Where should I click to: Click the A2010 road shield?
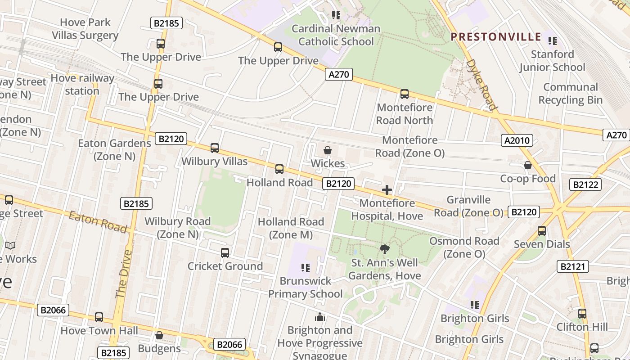tap(517, 141)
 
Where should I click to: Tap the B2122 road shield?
tap(585, 184)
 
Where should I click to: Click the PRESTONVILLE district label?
tap(496, 37)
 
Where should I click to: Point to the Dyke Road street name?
tap(482, 85)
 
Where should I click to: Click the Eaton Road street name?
tap(98, 222)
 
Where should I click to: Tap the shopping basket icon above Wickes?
tap(328, 150)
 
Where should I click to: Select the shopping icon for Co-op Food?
tap(528, 166)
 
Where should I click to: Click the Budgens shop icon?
tap(159, 335)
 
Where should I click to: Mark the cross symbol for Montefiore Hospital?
tap(387, 190)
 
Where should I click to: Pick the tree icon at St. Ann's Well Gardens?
tap(384, 249)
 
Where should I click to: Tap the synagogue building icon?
tap(320, 317)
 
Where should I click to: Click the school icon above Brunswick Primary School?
tap(306, 268)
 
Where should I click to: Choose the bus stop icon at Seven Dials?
tap(542, 231)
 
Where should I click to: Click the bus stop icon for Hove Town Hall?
tap(99, 317)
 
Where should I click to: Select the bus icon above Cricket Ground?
tap(225, 253)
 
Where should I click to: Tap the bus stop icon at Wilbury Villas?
tap(215, 148)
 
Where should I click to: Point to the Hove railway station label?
tap(82, 85)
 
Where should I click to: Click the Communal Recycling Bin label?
tap(570, 94)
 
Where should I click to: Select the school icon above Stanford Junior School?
tap(553, 41)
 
